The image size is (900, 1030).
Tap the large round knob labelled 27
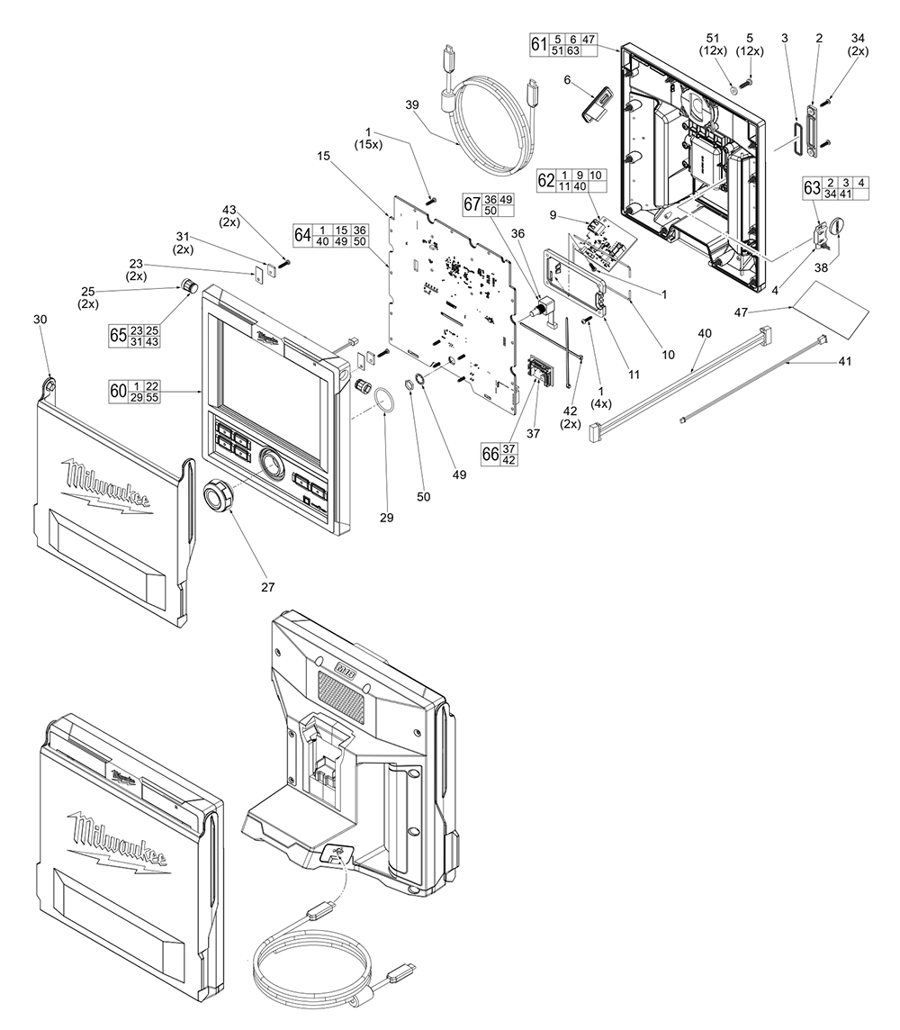[219, 495]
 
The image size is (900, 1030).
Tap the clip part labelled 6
[595, 105]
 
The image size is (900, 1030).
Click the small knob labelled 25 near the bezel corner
[190, 286]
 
